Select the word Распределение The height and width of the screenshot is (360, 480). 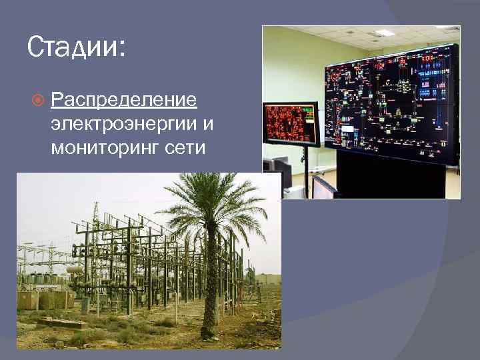pyautogui.click(x=124, y=100)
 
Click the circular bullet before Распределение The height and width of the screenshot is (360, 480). pyautogui.click(x=38, y=101)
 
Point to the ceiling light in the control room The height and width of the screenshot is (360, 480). pyautogui.click(x=385, y=33)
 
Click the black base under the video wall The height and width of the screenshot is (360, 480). pyautogui.click(x=390, y=180)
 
